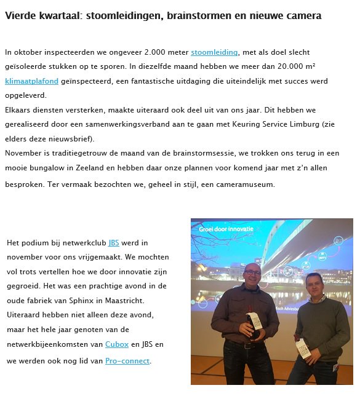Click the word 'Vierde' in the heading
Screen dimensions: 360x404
click(x=19, y=16)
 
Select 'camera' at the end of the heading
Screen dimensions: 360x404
click(x=305, y=16)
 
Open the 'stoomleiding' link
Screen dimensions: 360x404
click(x=214, y=53)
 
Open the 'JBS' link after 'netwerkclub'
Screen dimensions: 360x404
click(x=114, y=243)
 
